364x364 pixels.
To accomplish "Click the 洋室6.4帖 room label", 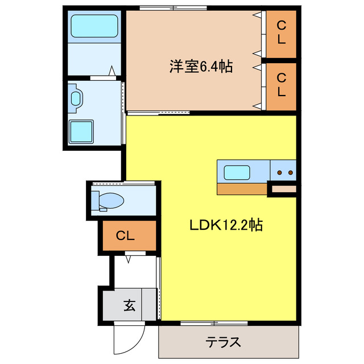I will (200, 67).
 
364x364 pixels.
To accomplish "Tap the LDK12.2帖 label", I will (225, 225).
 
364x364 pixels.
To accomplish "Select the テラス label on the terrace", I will (223, 342).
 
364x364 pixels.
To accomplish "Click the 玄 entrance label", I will (129, 305).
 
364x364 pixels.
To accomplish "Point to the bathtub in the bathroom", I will (93, 26).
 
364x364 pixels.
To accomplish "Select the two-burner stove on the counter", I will (283, 171).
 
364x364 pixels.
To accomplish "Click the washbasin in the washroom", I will (76, 98).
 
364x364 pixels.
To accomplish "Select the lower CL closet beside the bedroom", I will (281, 84).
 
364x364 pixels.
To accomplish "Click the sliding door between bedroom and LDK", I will (166, 113).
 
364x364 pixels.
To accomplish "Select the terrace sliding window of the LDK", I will (214, 324).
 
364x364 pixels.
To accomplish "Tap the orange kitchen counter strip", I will (242, 188).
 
